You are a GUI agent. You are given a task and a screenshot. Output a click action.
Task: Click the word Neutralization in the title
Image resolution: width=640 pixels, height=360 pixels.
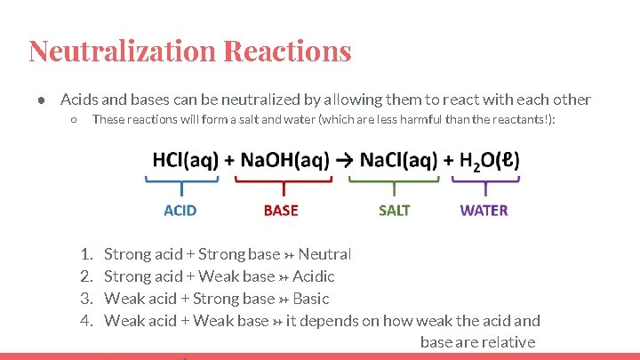pos(122,51)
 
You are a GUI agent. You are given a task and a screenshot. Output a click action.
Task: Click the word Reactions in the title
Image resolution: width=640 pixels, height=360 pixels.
pos(288,51)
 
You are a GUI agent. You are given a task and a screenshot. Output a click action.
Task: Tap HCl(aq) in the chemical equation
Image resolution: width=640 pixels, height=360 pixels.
pos(185,160)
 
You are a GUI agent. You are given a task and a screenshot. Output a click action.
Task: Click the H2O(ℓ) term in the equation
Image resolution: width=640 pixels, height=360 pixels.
pos(489,160)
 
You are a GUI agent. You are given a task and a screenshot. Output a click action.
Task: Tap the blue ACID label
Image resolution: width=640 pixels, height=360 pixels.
pos(180,211)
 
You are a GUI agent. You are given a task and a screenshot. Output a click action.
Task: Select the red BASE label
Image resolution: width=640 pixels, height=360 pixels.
pos(281,211)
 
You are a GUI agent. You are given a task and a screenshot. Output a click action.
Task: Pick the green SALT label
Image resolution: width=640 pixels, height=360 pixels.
pos(395,211)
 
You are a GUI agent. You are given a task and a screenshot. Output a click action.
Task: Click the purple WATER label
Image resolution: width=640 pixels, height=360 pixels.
pos(484,211)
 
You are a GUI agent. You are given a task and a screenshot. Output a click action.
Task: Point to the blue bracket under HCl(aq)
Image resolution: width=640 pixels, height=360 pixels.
pos(181,184)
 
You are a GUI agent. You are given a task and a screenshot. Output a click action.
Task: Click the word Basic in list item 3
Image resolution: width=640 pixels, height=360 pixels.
pos(310,299)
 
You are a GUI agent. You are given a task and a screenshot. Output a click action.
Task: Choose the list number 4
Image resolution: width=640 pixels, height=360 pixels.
pos(87,321)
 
